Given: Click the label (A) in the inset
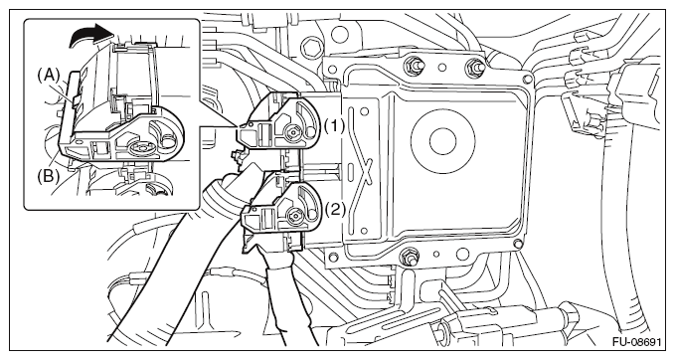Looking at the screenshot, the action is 47,77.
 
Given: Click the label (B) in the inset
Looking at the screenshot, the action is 48,177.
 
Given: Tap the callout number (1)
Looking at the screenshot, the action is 334,125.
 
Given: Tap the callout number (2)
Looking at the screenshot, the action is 334,210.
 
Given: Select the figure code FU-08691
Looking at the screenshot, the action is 636,342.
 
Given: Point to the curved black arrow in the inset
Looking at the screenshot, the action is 90,35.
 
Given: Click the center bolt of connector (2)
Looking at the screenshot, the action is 295,213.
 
